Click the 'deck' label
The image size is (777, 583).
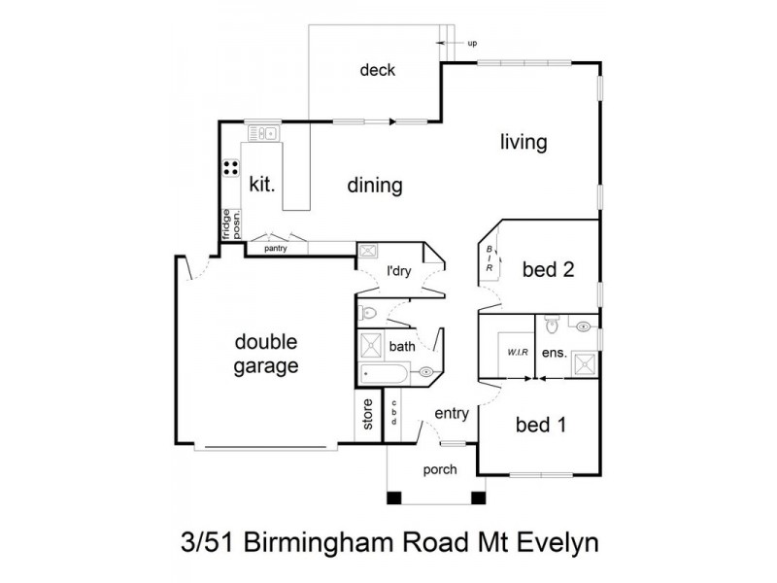(x=377, y=70)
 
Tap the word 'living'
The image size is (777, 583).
(x=524, y=142)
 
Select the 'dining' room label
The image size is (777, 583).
(x=375, y=185)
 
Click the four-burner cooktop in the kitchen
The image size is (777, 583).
(x=231, y=168)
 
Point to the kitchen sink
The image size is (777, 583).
(x=262, y=133)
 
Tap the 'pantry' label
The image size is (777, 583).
(x=276, y=249)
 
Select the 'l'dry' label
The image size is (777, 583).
(x=398, y=270)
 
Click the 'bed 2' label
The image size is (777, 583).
(x=548, y=269)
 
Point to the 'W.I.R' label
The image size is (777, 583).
(x=515, y=352)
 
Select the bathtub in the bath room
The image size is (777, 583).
(x=387, y=371)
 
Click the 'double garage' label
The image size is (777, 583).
(x=265, y=355)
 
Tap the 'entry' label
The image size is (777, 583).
(x=452, y=413)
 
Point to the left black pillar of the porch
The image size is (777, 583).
(x=393, y=498)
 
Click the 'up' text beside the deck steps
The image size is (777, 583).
(x=472, y=44)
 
